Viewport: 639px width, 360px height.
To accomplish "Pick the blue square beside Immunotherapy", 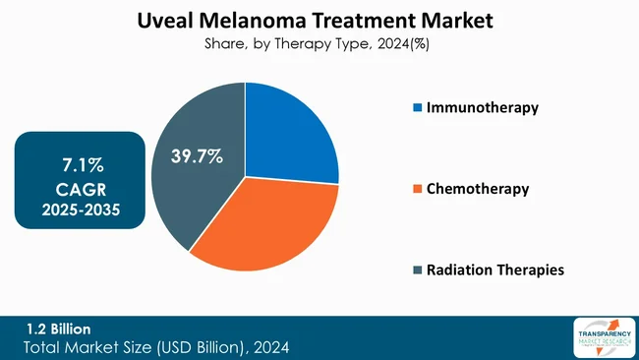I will coord(417,108).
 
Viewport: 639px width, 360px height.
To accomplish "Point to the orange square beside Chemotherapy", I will coord(417,189).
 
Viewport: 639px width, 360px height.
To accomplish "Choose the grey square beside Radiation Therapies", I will coord(417,270).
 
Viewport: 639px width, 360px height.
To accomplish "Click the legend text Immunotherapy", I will coord(482,108).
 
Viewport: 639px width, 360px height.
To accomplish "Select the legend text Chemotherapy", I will coord(478,189).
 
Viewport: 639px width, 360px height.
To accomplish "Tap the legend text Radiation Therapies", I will coord(495,270).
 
